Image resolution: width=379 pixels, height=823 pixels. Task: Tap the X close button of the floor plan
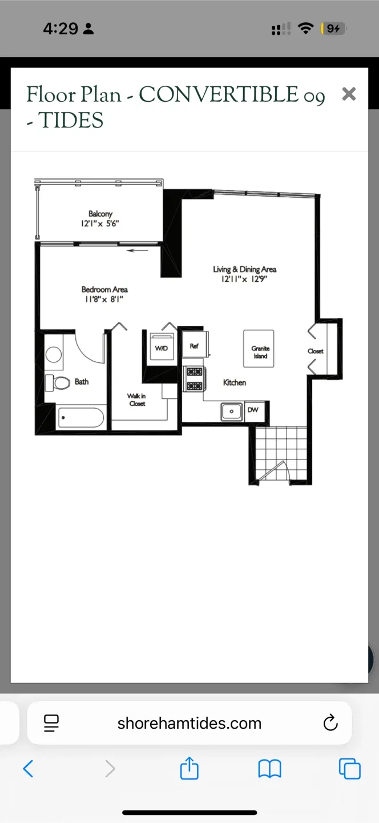coord(349,94)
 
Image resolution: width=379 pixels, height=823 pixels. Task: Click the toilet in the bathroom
coord(58,383)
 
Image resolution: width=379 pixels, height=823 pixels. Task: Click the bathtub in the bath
coord(80,417)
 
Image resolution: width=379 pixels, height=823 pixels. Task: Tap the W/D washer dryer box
coord(162,347)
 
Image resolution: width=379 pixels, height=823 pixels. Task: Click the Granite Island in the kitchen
coord(259,349)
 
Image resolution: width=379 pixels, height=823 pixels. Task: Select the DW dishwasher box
coord(255,410)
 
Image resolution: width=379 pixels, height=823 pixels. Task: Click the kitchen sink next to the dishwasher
coord(232,411)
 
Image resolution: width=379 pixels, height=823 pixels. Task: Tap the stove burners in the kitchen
coord(195,379)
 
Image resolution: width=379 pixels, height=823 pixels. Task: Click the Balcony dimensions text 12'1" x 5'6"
coord(100,223)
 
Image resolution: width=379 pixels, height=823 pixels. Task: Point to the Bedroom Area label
coord(104,290)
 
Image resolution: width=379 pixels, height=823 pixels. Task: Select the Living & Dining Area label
coord(245,269)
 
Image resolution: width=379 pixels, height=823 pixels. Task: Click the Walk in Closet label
coord(137,399)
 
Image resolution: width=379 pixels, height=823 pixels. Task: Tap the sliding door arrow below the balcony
coord(137,250)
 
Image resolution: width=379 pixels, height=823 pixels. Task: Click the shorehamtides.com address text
coord(189,723)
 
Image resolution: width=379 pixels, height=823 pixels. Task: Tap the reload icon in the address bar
coord(330,722)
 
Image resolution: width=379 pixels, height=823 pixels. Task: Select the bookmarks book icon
coord(269,769)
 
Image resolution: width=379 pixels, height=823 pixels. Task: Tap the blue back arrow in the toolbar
coord(28,769)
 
